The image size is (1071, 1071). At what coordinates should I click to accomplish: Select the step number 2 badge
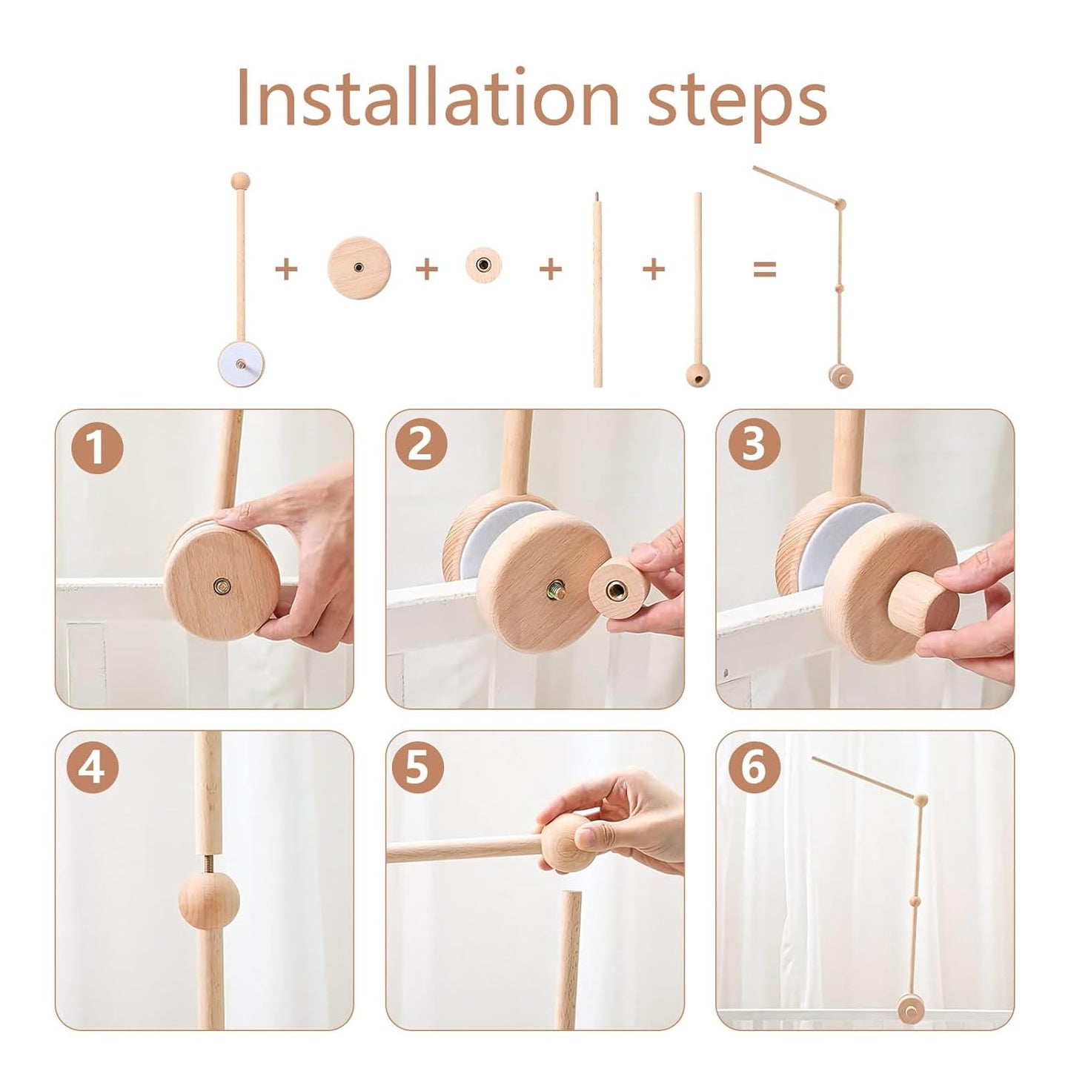[x=421, y=445]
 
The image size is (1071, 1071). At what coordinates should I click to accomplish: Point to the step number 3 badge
[x=754, y=445]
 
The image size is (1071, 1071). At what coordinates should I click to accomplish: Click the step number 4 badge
[x=92, y=768]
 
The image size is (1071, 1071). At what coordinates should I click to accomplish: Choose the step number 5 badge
[x=417, y=767]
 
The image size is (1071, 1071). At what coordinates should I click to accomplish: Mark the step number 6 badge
[x=754, y=767]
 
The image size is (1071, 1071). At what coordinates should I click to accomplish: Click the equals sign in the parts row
[x=764, y=269]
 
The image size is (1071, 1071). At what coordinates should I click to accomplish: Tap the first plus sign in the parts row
[x=286, y=269]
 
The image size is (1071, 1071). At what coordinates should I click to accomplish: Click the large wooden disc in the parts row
[x=359, y=268]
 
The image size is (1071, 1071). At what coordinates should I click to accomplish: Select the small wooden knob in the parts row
[x=483, y=265]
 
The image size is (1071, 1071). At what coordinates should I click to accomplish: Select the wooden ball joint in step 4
[x=206, y=903]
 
